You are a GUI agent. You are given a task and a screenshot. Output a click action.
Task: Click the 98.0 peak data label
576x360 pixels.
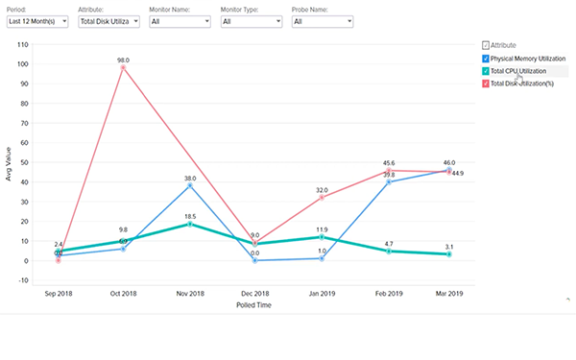point(123,60)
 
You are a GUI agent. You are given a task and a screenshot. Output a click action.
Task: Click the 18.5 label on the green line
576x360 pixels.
point(190,217)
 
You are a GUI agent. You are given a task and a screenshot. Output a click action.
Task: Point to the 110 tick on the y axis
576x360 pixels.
point(36,45)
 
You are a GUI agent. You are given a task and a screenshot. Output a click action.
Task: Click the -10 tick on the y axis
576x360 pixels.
point(36,280)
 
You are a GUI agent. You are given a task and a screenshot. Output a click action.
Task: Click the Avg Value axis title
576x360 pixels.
point(11,163)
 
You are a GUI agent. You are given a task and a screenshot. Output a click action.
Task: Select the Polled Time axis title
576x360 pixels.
point(252,306)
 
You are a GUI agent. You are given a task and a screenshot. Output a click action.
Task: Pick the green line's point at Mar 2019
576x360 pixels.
point(448,254)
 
